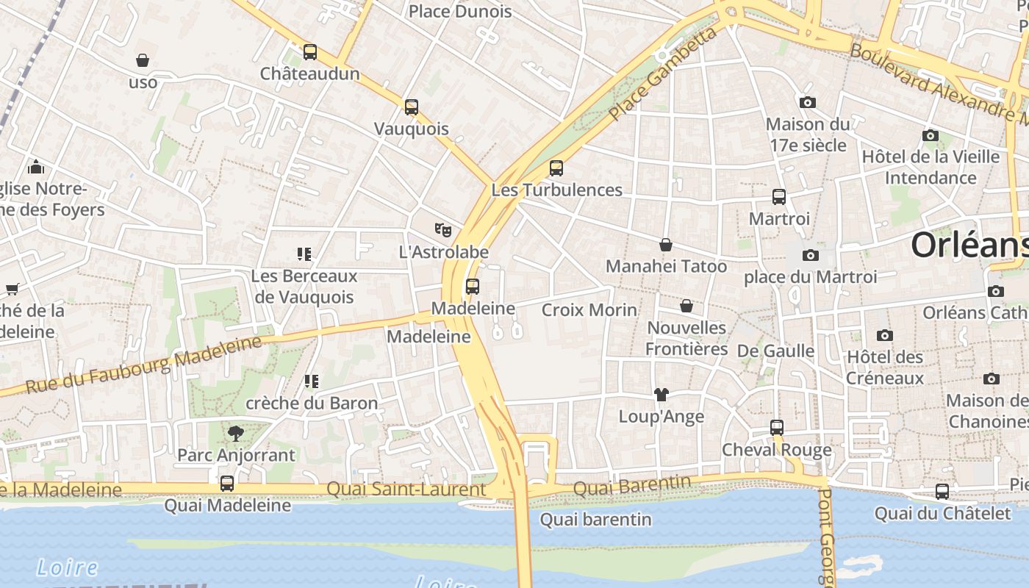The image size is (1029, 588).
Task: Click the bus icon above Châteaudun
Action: click(310, 52)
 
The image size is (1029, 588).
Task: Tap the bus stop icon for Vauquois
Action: click(412, 107)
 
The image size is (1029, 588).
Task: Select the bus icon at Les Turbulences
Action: click(556, 168)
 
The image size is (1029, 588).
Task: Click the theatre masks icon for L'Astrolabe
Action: click(442, 230)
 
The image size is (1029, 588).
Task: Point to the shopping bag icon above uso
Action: click(143, 60)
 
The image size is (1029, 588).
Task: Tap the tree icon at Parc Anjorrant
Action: click(236, 433)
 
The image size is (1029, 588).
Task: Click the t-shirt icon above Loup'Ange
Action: click(661, 395)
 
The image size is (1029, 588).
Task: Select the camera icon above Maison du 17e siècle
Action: click(808, 102)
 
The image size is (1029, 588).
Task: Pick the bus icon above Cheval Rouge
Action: click(777, 428)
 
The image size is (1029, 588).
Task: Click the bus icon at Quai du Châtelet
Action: click(942, 491)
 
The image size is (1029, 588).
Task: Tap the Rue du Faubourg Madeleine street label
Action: click(144, 365)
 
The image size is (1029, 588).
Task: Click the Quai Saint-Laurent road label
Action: click(406, 489)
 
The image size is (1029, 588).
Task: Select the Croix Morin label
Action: click(589, 309)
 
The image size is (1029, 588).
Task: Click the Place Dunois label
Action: click(460, 11)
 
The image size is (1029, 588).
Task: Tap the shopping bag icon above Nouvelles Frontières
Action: click(686, 306)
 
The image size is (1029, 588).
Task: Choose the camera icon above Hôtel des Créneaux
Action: click(885, 335)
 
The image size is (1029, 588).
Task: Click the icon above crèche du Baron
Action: click(312, 381)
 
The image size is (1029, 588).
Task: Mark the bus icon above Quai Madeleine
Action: click(227, 484)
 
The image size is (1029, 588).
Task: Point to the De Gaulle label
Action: click(775, 351)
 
